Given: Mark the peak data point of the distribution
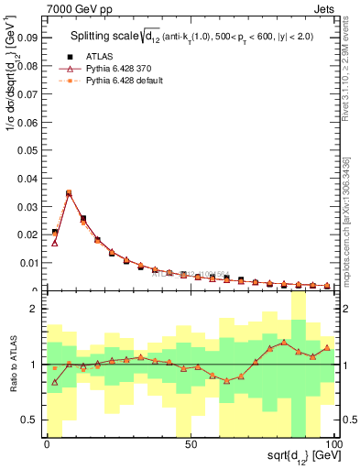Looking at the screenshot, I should coord(69,193).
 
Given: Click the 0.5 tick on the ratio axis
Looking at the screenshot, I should coord(28,420).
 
